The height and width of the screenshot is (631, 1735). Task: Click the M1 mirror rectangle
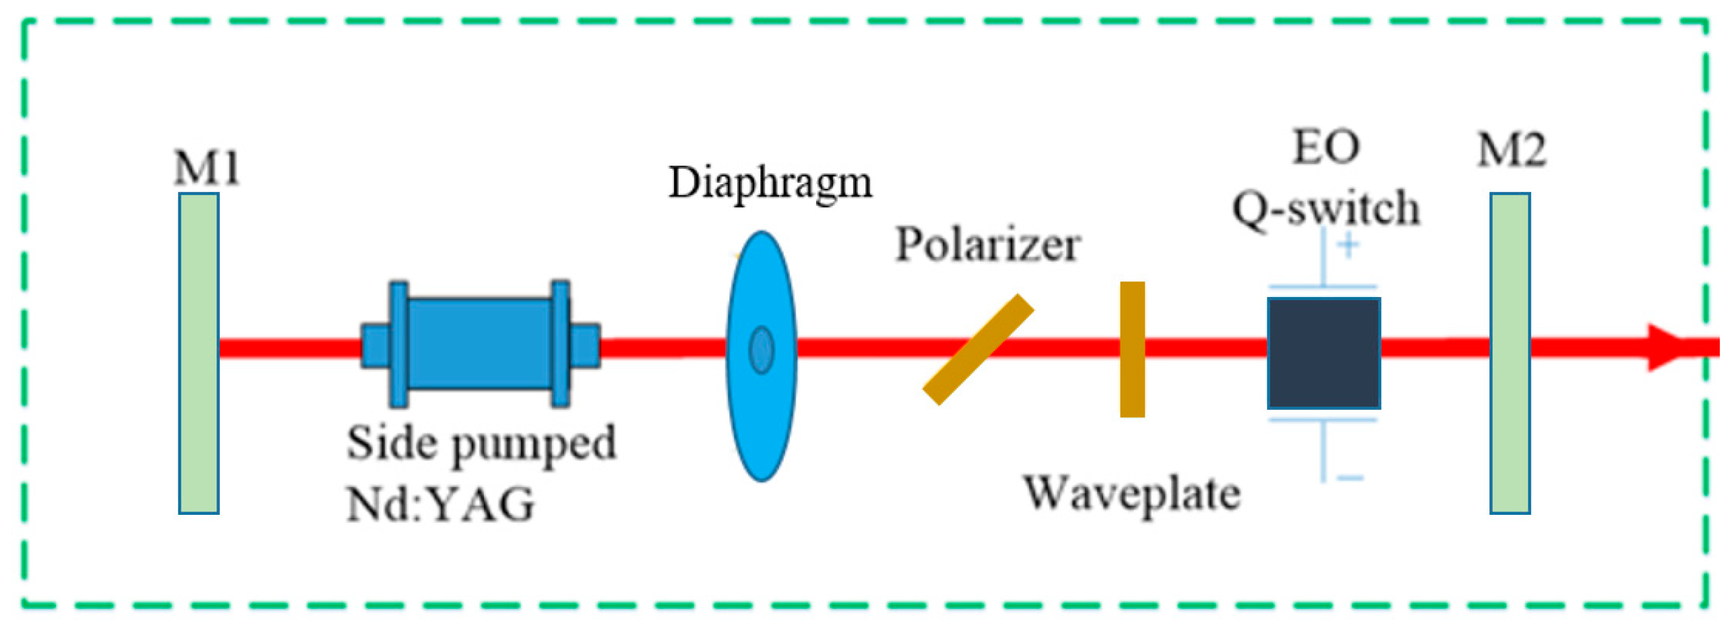(199, 354)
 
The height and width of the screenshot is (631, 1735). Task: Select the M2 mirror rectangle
(1509, 354)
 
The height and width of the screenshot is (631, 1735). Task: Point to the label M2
(1511, 150)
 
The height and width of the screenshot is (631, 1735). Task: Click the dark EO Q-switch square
(1324, 353)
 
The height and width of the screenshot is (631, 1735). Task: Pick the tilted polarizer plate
(977, 350)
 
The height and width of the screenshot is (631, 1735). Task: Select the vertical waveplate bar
(1132, 349)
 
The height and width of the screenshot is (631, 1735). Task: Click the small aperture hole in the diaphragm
(762, 350)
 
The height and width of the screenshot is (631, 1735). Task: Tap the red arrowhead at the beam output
(1669, 347)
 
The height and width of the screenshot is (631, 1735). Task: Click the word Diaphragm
(770, 183)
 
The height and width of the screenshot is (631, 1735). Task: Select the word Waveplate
(1132, 494)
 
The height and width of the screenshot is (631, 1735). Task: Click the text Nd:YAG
(440, 504)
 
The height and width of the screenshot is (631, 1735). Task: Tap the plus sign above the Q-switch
(1347, 245)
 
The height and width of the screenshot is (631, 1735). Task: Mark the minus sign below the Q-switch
(1349, 478)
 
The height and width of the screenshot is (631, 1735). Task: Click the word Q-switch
(1326, 207)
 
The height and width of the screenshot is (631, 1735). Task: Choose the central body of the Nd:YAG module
(479, 344)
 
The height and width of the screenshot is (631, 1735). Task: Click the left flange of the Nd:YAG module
(399, 344)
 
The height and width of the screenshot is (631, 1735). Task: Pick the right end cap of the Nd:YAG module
(585, 346)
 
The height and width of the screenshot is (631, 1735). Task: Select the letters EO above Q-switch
(1326, 147)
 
